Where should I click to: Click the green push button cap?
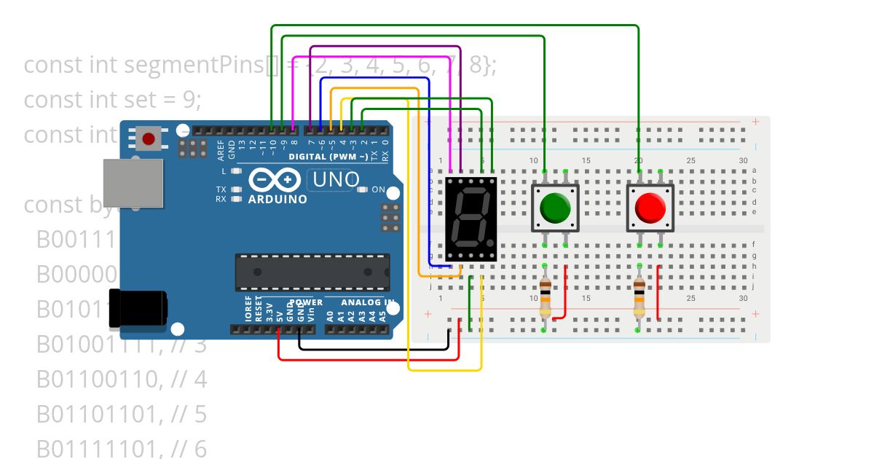[555, 208]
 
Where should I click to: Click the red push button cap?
[650, 208]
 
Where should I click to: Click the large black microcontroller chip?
[312, 272]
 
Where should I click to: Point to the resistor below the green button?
[546, 299]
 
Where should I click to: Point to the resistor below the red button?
[639, 299]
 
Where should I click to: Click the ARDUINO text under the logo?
[277, 199]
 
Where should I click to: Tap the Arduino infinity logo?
[274, 179]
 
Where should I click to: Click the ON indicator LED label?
[378, 189]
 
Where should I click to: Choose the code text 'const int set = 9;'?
[112, 99]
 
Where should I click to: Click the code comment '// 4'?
[191, 380]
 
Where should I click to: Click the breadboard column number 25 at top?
[690, 160]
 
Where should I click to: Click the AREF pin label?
[221, 149]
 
